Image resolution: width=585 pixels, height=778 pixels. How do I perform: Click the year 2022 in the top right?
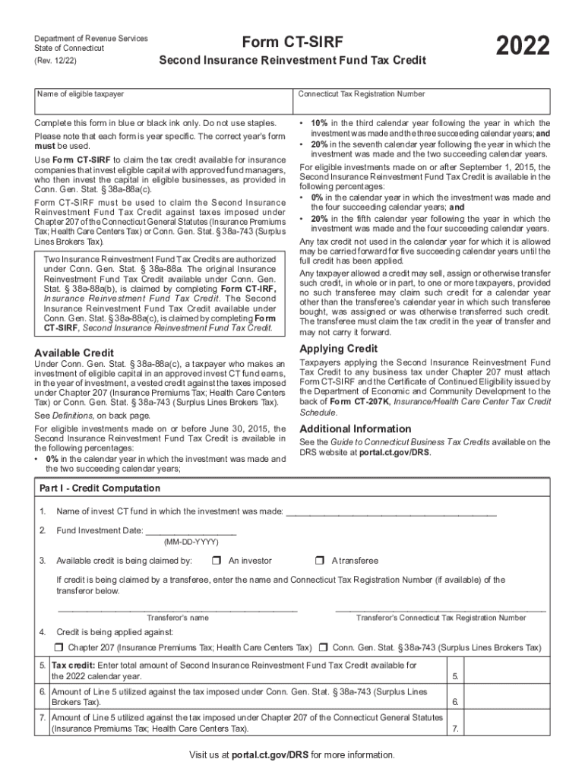click(523, 47)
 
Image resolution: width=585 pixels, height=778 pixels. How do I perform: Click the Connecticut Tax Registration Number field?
click(422, 104)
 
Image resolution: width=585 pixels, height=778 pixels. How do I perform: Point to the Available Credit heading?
click(74, 353)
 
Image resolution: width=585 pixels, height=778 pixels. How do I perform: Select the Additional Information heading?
click(355, 429)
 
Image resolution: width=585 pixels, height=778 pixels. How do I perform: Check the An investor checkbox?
click(216, 561)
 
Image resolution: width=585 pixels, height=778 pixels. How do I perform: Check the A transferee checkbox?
click(319, 561)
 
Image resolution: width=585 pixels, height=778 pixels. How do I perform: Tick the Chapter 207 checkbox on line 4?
click(59, 647)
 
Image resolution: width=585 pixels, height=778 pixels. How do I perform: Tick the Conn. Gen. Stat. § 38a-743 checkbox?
click(324, 647)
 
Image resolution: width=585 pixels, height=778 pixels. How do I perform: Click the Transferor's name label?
click(177, 618)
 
